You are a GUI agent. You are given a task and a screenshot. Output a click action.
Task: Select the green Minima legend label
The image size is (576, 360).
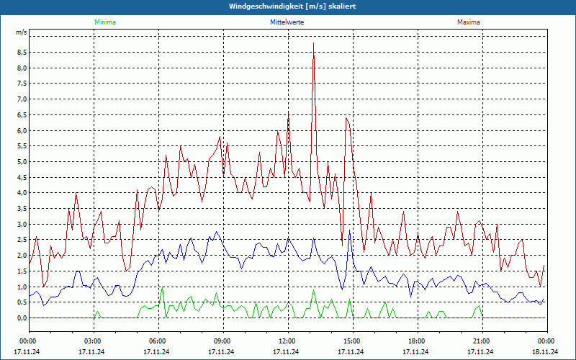104,22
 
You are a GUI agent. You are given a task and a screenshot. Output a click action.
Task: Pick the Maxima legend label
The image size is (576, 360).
468,22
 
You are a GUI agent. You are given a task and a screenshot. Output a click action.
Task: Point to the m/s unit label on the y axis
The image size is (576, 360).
22,33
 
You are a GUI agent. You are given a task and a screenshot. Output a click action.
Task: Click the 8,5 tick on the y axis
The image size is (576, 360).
22,53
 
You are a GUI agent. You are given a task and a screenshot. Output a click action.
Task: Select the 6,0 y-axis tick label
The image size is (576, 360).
22,130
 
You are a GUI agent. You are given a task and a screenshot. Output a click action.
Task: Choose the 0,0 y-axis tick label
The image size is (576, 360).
22,318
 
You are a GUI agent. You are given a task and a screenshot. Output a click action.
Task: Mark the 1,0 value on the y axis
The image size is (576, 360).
22,287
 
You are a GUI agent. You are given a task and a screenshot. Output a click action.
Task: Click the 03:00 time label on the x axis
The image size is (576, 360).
93,341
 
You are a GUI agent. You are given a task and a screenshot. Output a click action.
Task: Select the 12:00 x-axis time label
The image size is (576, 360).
287,341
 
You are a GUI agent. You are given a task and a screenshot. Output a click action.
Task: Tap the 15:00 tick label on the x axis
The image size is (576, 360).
352,341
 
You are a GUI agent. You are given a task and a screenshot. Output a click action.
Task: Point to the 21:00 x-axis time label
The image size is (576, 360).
482,341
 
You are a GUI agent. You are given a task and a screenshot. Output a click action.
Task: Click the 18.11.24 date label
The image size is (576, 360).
546,352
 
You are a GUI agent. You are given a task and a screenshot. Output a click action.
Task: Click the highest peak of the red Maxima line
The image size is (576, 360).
313,45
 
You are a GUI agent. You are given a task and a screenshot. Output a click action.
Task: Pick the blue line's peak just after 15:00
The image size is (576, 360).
349,232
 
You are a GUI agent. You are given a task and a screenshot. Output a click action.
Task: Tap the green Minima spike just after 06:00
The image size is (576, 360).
163,289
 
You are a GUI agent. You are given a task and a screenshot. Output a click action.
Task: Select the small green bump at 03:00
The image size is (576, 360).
96,312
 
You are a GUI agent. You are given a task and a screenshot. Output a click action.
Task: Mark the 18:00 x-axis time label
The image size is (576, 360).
417,341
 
